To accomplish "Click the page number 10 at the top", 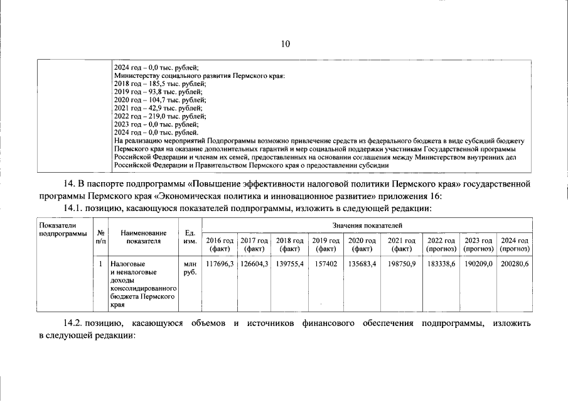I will tap(285, 43).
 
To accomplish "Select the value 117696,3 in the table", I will tap(220, 264).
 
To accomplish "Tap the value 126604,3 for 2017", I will tap(254, 264).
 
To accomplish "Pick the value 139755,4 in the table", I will tap(289, 264).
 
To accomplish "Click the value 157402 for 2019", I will tap(324, 264).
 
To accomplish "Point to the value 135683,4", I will tap(362, 264).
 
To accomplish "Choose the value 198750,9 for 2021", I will tap(402, 264).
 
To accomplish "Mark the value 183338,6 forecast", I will tap(441, 264).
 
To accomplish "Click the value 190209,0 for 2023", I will tap(478, 264).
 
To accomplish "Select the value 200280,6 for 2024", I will tap(515, 264).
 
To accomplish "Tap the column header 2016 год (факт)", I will tap(220, 244).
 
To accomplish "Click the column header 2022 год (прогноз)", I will tap(441, 244).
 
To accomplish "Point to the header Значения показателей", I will tap(367, 224).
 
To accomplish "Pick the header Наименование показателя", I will tap(144, 236).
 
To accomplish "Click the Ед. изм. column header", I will tap(190, 236).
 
